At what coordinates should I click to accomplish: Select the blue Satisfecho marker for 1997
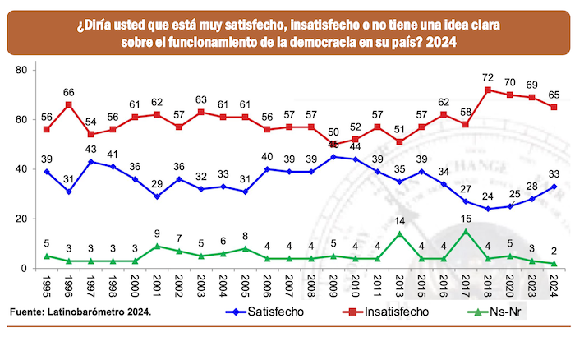(90, 161)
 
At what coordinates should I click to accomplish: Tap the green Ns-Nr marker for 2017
(466, 231)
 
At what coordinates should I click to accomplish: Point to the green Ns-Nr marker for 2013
(400, 233)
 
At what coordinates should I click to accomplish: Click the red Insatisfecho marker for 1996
(68, 104)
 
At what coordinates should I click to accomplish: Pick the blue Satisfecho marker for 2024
(554, 186)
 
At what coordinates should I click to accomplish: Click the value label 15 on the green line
(466, 219)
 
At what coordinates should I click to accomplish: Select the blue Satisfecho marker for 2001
(156, 196)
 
